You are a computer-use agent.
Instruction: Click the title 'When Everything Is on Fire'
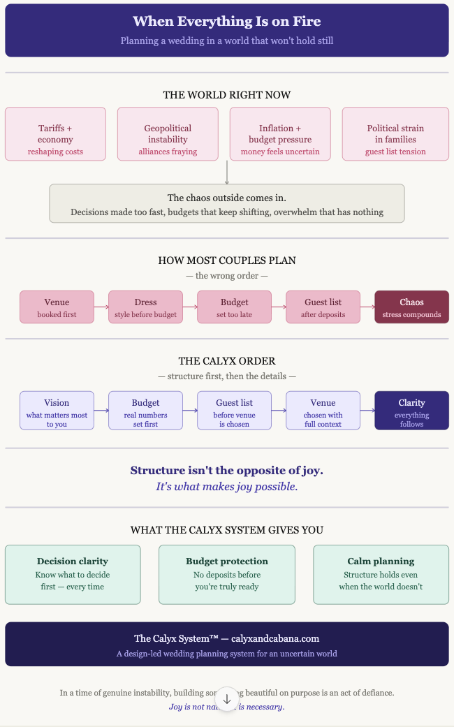227,22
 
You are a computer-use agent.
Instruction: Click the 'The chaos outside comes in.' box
227,204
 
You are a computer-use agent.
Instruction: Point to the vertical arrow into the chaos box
227,172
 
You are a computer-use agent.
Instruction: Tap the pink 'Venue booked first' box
57,307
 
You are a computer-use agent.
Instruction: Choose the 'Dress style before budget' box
145,307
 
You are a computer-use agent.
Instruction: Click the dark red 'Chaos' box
411,307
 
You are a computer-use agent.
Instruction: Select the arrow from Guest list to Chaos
367,307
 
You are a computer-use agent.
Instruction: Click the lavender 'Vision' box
57,411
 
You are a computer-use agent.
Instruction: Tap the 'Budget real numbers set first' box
145,411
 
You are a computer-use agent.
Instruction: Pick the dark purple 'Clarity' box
411,411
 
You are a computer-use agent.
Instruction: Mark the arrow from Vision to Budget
101,411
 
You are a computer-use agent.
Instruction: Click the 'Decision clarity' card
73,575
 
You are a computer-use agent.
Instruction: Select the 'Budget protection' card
227,575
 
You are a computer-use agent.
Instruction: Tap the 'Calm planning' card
381,575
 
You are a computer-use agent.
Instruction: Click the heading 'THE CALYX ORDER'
227,361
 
